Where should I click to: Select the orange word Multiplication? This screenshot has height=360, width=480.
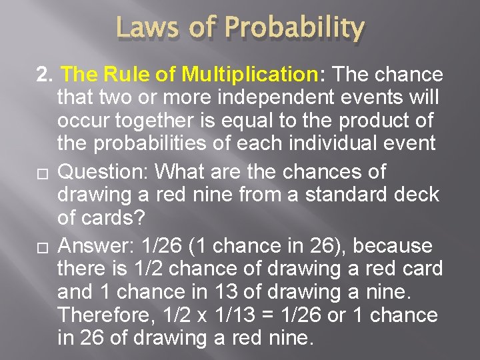coord(255,73)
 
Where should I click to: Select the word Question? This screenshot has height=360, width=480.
coord(103,172)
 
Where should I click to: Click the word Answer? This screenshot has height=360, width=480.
coord(97,246)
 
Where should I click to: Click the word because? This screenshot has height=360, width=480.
coord(393,246)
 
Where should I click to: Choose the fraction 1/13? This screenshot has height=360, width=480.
coord(240,315)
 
